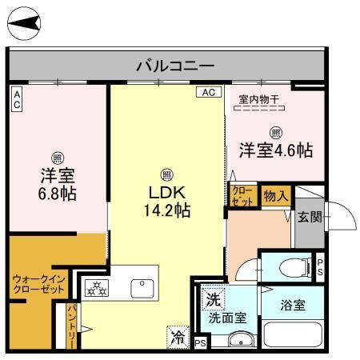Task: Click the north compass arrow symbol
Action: coord(24,23)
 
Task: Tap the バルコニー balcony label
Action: coord(175,66)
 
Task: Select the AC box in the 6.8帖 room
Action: coord(17,99)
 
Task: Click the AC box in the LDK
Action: coord(209,92)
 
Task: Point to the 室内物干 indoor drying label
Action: coord(259,100)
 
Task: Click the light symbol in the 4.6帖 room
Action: coord(275,133)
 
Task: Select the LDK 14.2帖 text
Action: coord(167,202)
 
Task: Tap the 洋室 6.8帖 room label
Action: coord(58,184)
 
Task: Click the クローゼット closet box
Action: coord(243,196)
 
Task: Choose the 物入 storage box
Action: coord(276,196)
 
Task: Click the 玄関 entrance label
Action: coord(310,217)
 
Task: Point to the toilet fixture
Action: coord(295,267)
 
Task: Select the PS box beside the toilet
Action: coord(320,267)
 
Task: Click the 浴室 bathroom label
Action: coord(293,305)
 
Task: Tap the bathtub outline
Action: coord(293,334)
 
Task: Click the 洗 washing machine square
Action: coord(214,300)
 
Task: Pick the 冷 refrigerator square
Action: coord(178,338)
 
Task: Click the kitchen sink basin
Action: coord(142,289)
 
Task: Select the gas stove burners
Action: coord(97,288)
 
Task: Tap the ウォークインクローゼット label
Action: coord(39,284)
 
